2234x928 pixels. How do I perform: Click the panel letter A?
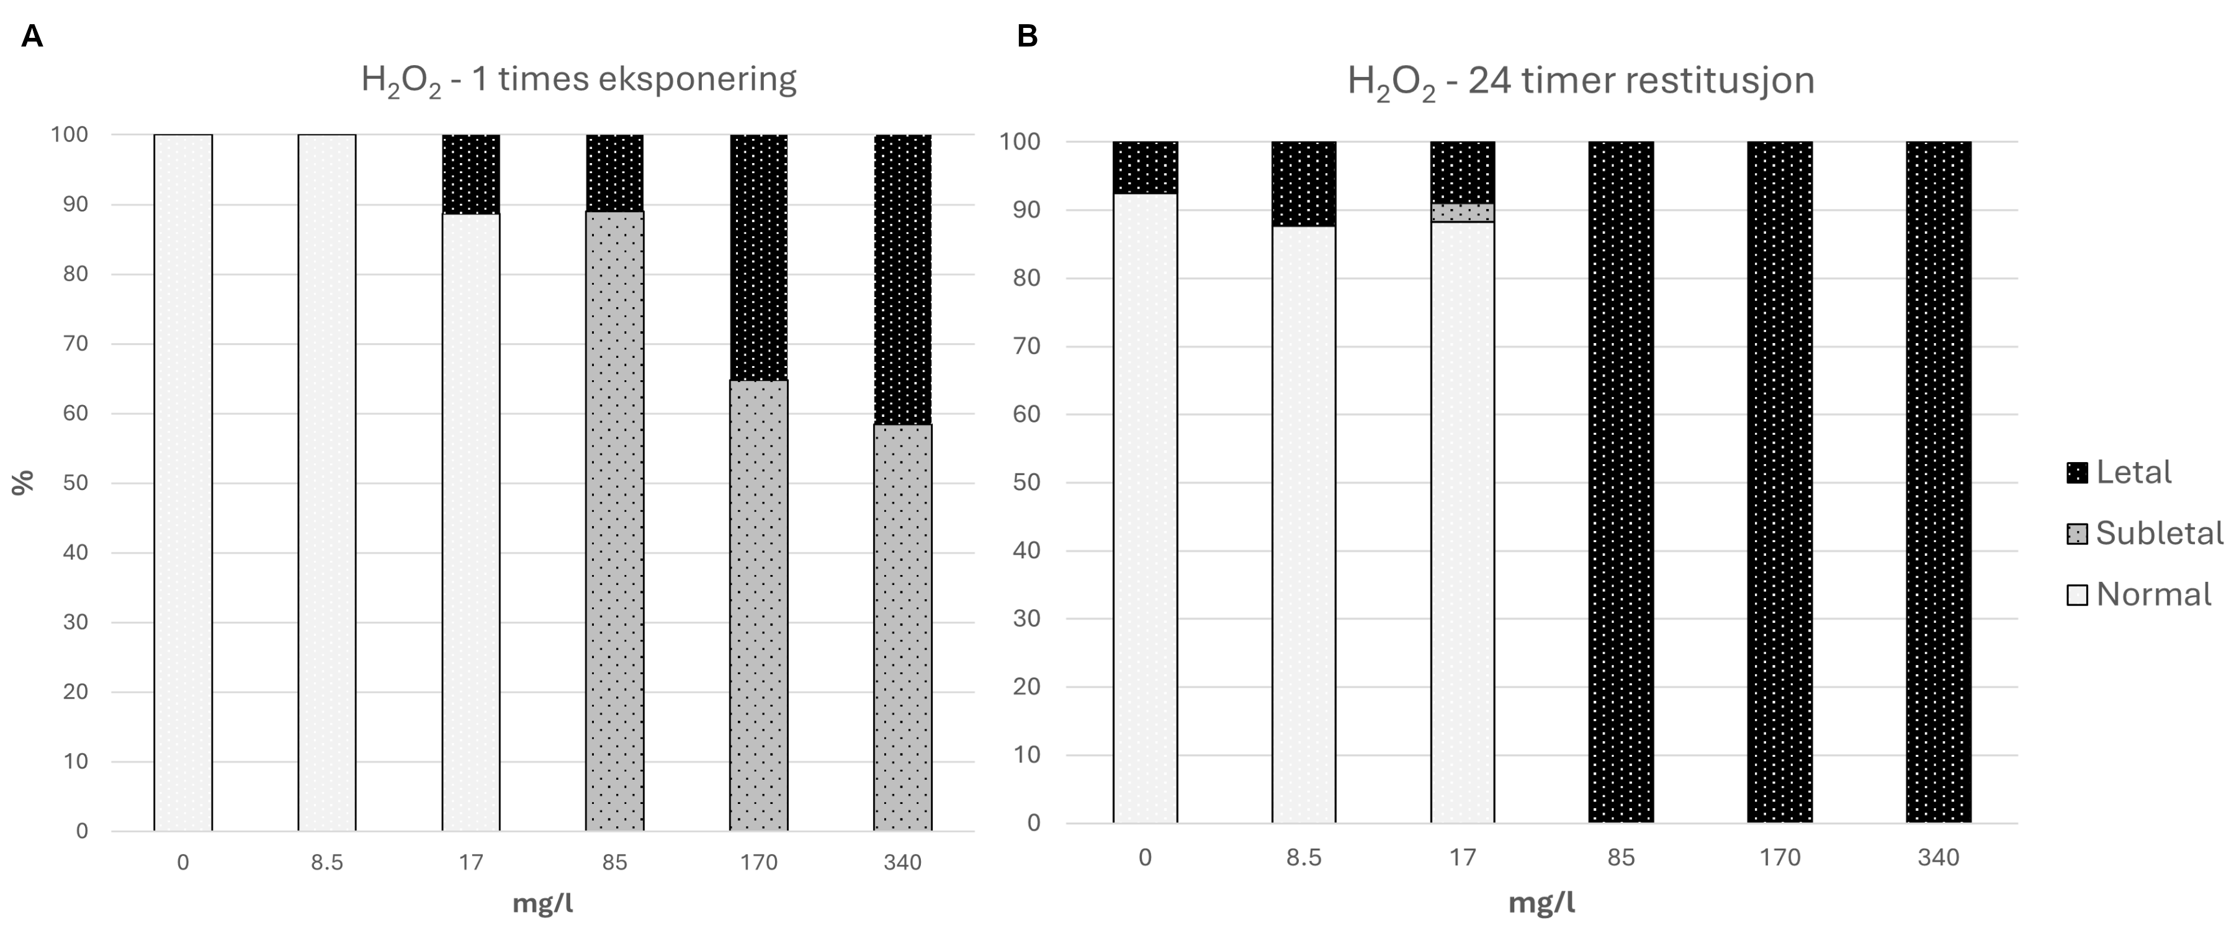32,37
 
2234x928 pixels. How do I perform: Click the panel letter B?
1027,37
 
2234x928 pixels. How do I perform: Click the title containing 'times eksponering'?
578,80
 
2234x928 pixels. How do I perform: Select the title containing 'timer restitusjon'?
1580,81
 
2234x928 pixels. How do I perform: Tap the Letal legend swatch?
2077,473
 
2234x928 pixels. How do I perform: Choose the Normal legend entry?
2153,595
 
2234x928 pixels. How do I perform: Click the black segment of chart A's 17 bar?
471,174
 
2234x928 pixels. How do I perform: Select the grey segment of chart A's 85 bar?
615,520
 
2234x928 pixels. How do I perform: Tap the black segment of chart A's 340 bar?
902,277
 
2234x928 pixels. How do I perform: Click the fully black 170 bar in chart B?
1780,481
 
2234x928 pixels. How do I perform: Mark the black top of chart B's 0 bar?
1145,166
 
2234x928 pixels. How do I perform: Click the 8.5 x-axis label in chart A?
327,863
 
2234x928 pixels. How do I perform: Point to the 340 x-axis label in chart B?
1938,858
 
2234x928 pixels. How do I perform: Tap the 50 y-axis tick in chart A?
76,483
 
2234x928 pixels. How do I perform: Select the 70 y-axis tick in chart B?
1027,346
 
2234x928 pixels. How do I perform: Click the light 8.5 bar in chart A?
327,481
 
